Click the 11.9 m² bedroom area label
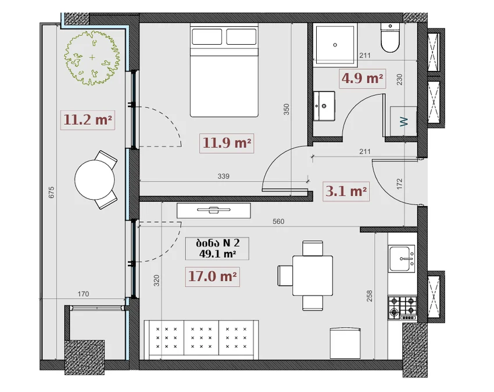pyautogui.click(x=227, y=143)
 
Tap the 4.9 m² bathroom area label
pyautogui.click(x=362, y=78)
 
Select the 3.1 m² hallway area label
pyautogui.click(x=346, y=191)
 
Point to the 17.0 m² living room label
pyautogui.click(x=212, y=276)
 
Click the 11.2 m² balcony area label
pyautogui.click(x=88, y=120)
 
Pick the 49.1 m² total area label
pyautogui.click(x=217, y=254)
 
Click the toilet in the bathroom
pyautogui.click(x=390, y=37)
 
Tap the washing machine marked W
pyautogui.click(x=403, y=121)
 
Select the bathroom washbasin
pyautogui.click(x=324, y=106)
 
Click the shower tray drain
pyautogui.click(x=335, y=45)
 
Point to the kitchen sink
pyautogui.click(x=402, y=259)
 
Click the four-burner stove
pyautogui.click(x=402, y=308)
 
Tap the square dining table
pyautogui.click(x=313, y=275)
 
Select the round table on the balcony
pyautogui.click(x=95, y=180)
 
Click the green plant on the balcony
pyautogui.click(x=92, y=57)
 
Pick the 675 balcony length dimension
pyautogui.click(x=51, y=192)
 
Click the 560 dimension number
pyautogui.click(x=278, y=221)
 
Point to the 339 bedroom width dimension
pyautogui.click(x=223, y=177)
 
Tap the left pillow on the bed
pyautogui.click(x=207, y=37)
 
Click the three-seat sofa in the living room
pyautogui.click(x=201, y=340)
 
